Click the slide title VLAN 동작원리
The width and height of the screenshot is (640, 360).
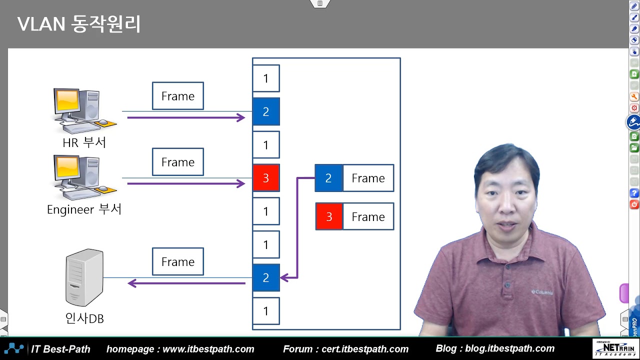[79, 24]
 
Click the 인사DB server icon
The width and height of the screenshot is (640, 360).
[84, 277]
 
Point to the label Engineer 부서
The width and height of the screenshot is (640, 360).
[84, 209]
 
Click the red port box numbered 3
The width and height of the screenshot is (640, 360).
[266, 178]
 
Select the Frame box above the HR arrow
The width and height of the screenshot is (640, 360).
[178, 96]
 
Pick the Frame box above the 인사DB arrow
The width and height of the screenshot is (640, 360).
[178, 261]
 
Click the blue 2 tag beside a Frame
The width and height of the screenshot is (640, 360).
[328, 178]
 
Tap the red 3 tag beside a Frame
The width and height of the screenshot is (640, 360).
[329, 216]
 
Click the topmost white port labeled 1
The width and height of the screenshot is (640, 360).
[266, 78]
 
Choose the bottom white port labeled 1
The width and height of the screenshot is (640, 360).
[266, 311]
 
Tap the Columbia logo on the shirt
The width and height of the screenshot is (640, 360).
[542, 292]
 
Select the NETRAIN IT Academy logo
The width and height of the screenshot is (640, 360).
[613, 348]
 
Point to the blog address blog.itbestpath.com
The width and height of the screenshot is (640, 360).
[509, 348]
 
